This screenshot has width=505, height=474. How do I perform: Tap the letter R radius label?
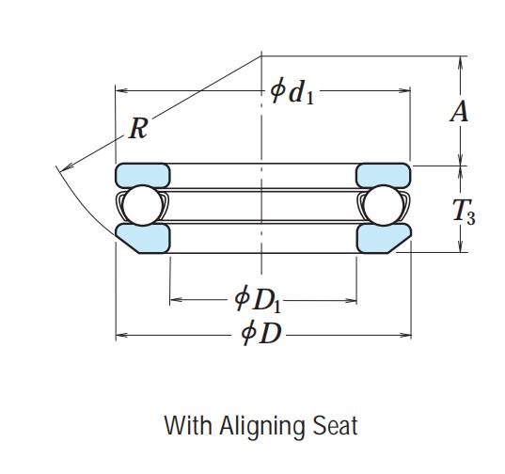(x=138, y=129)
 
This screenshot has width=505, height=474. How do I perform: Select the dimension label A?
(x=459, y=111)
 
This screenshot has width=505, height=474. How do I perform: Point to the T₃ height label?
(x=464, y=211)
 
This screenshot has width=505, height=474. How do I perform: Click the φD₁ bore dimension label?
(x=258, y=299)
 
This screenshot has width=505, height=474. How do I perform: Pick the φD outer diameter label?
(x=261, y=333)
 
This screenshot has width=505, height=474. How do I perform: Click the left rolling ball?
(x=143, y=205)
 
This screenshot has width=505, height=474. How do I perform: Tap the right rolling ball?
(x=383, y=205)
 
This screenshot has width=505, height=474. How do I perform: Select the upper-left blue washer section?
(x=143, y=176)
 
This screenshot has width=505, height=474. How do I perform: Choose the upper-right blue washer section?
(x=384, y=176)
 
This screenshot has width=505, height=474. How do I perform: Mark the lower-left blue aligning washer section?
(x=144, y=238)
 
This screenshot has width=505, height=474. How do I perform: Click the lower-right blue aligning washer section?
(x=383, y=238)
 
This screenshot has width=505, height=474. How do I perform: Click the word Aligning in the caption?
(x=261, y=427)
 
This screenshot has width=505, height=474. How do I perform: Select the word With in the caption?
(x=188, y=425)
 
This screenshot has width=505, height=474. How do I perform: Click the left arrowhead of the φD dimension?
(x=121, y=336)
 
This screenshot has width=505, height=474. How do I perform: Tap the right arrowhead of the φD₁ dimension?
(x=351, y=300)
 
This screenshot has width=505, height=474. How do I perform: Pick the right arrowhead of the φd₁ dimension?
(x=404, y=90)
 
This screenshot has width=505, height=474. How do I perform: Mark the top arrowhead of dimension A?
(x=461, y=62)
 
